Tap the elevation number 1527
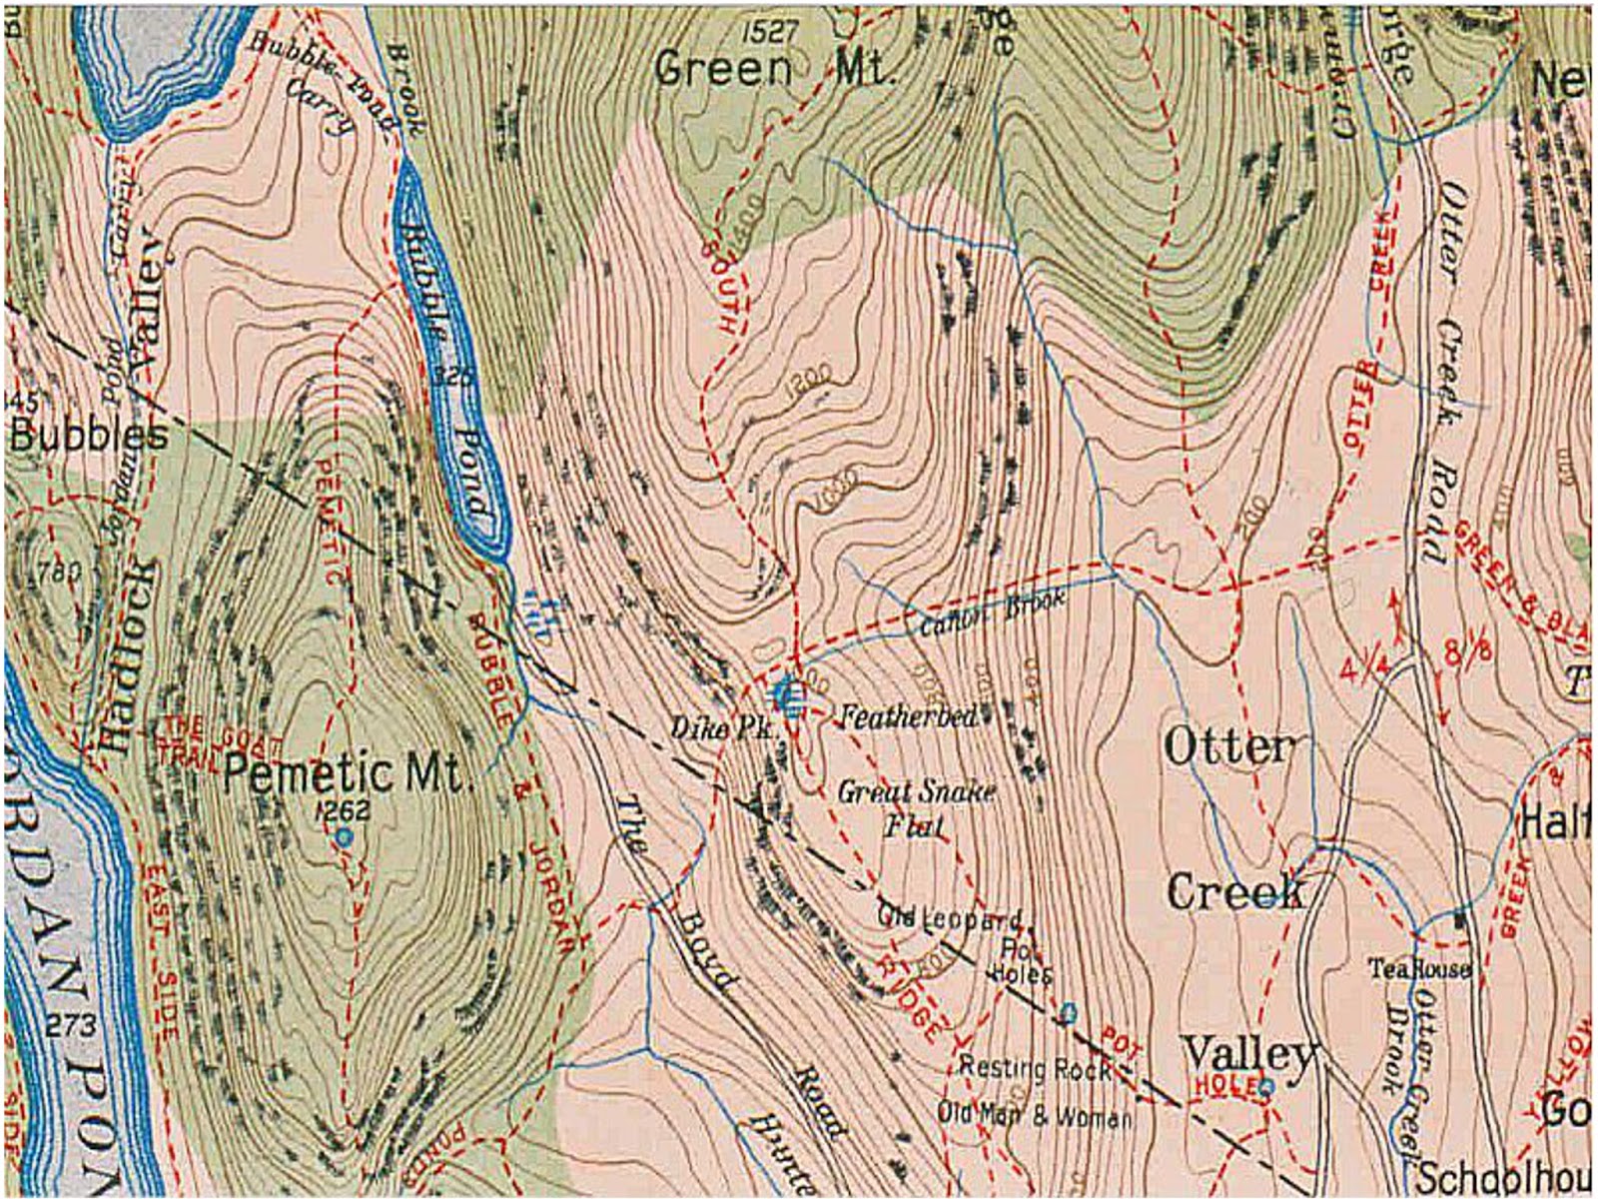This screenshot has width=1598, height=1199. point(771,32)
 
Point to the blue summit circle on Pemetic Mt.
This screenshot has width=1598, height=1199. point(345,836)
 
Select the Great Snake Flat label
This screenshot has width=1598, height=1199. point(915,808)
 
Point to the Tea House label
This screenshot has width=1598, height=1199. point(1419,969)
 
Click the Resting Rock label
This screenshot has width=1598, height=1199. point(1035,1068)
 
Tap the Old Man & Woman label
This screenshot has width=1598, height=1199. point(1034,1115)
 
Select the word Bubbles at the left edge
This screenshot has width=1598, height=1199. point(88,437)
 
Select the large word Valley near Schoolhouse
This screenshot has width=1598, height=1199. point(1248,1054)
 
